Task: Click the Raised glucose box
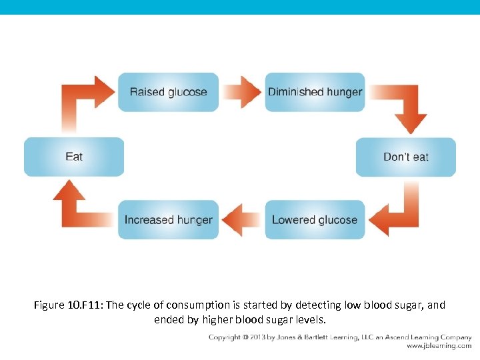click(168, 92)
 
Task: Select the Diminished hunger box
click(315, 92)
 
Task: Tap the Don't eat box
click(405, 157)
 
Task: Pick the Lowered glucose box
click(315, 219)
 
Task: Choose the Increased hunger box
click(168, 219)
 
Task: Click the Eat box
click(74, 157)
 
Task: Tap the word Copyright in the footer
click(225, 337)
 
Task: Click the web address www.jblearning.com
click(439, 347)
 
